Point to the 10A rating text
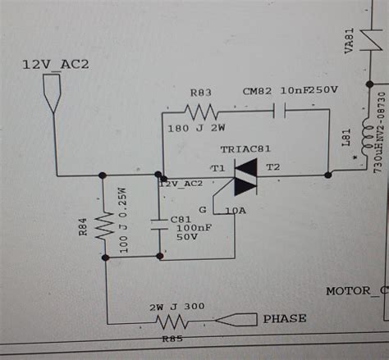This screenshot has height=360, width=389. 236,211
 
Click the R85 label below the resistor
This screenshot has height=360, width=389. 174,337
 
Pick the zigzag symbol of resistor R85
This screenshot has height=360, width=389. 172,320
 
